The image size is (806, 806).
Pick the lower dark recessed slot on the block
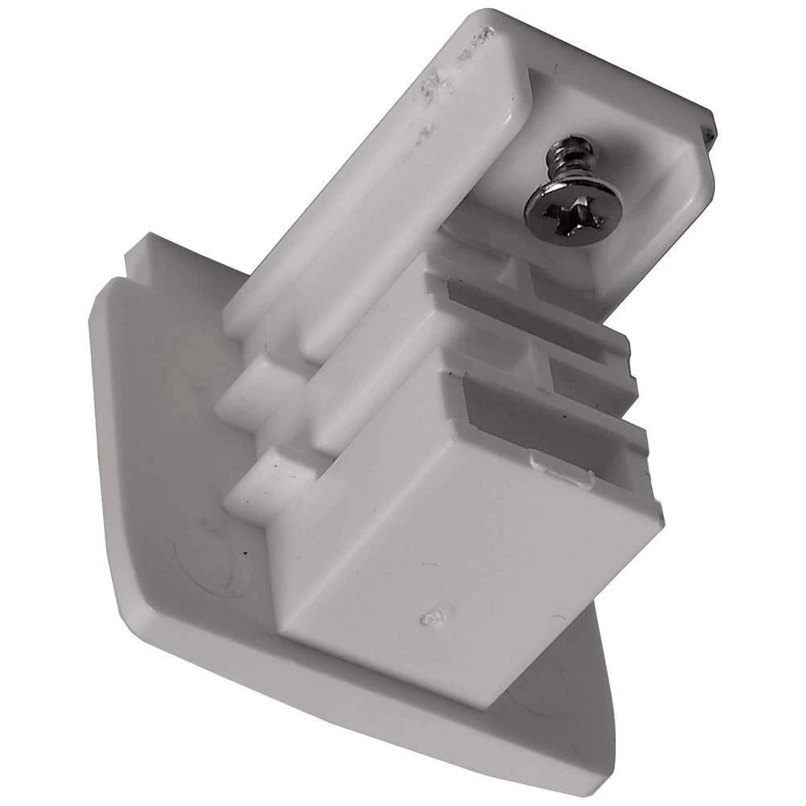tap(548, 419)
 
